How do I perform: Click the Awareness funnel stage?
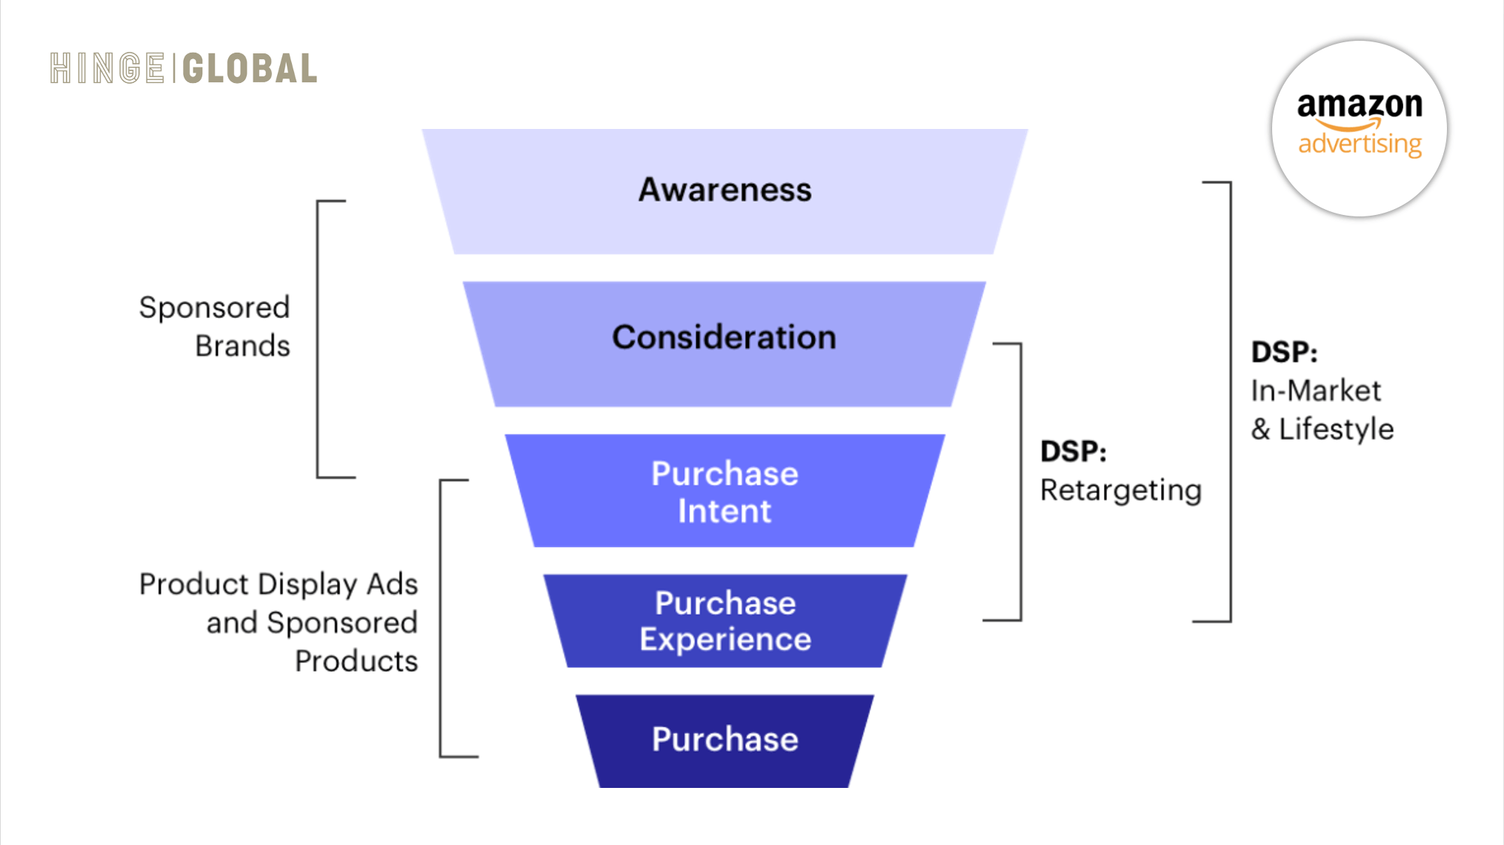725,190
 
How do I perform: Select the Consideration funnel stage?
724,338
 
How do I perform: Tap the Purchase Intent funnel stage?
725,492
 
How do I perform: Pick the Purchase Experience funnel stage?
725,621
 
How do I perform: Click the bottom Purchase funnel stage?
725,740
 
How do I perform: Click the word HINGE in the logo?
107,69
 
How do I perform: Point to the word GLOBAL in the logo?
250,69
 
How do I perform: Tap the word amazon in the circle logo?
1360,105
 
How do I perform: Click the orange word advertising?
1360,143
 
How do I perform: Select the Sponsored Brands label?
215,327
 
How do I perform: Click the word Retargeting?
1120,491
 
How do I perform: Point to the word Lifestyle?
1336,429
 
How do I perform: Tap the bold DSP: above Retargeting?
1073,451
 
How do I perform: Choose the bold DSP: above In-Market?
1284,352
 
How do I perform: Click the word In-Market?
1316,391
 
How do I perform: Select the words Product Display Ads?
279,584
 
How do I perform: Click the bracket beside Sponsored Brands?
319,339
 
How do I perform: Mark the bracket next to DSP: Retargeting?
1020,482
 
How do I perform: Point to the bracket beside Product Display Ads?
441,618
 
